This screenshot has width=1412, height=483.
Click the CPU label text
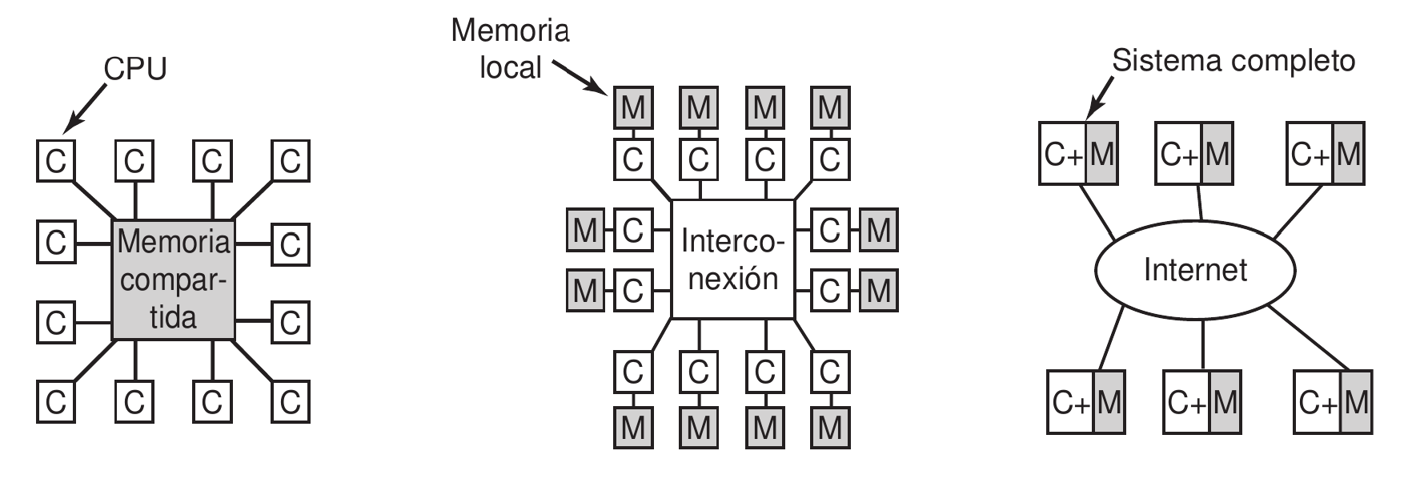(136, 70)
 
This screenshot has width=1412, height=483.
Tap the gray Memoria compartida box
(173, 279)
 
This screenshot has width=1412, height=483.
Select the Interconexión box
(732, 260)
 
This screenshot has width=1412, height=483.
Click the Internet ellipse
(1195, 270)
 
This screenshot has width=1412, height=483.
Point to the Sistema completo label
(1234, 61)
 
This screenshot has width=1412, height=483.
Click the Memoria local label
(510, 49)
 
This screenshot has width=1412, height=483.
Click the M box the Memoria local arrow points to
(632, 107)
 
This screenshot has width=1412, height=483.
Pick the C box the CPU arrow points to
(55, 162)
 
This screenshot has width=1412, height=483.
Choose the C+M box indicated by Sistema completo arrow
(1078, 154)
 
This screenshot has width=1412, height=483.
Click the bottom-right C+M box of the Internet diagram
(1332, 401)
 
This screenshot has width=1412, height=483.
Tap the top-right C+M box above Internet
(1325, 154)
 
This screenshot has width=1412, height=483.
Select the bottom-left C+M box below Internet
(1086, 402)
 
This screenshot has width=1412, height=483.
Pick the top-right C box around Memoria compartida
(290, 162)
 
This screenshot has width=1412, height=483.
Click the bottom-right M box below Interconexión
(830, 428)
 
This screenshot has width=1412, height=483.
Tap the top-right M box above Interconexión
(830, 107)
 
